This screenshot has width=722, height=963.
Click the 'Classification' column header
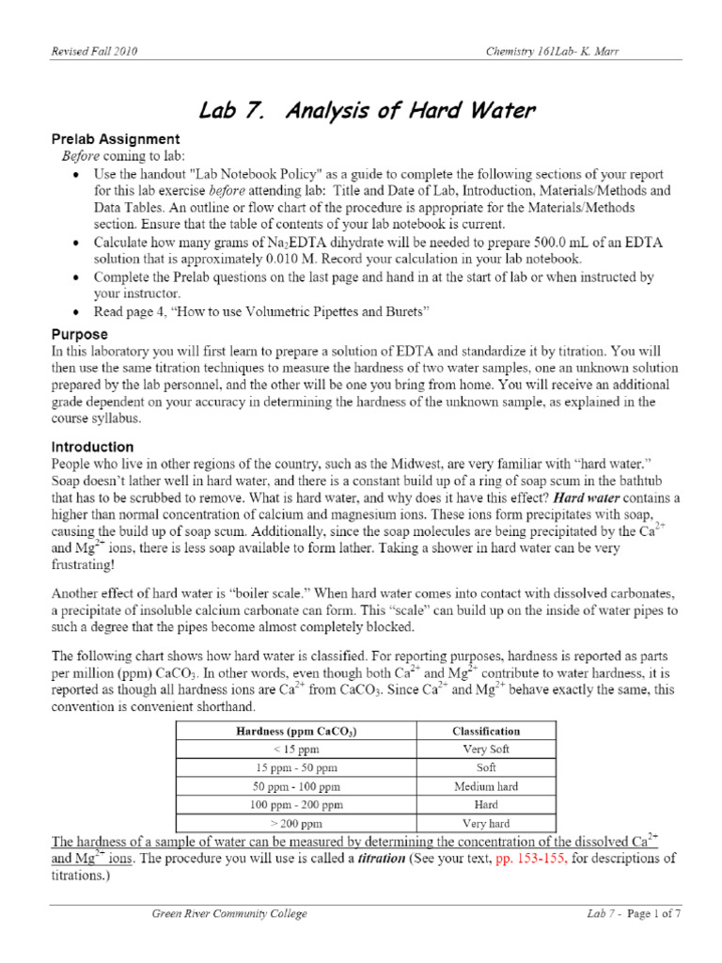tap(486, 731)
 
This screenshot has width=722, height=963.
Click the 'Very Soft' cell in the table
tap(486, 750)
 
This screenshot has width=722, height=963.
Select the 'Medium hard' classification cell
tap(486, 786)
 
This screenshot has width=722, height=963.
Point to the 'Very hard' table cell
tap(486, 823)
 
